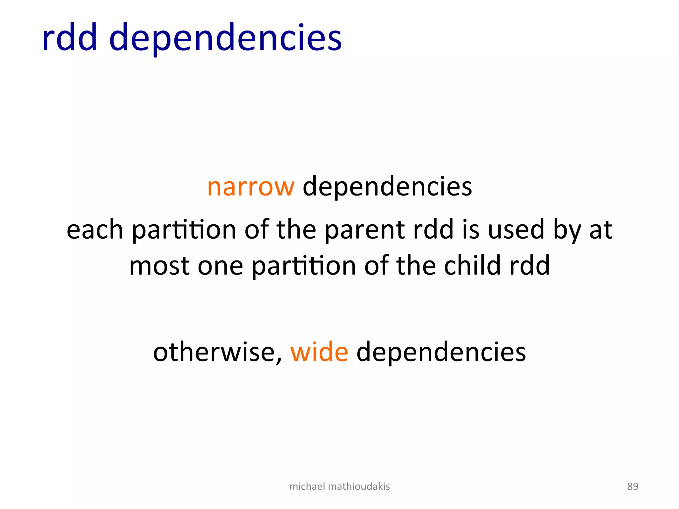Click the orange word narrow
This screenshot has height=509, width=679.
tap(251, 187)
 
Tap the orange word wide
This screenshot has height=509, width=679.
tap(319, 352)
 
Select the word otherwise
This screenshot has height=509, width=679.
tap(217, 352)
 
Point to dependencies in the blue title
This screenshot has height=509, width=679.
tap(225, 38)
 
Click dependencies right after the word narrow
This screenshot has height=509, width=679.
tap(387, 187)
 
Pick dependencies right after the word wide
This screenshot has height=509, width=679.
tap(441, 352)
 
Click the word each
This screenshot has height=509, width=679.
tap(95, 230)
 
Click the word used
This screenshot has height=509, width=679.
tap(516, 230)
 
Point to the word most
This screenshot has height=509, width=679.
tap(159, 266)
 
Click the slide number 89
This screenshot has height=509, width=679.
tap(633, 486)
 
